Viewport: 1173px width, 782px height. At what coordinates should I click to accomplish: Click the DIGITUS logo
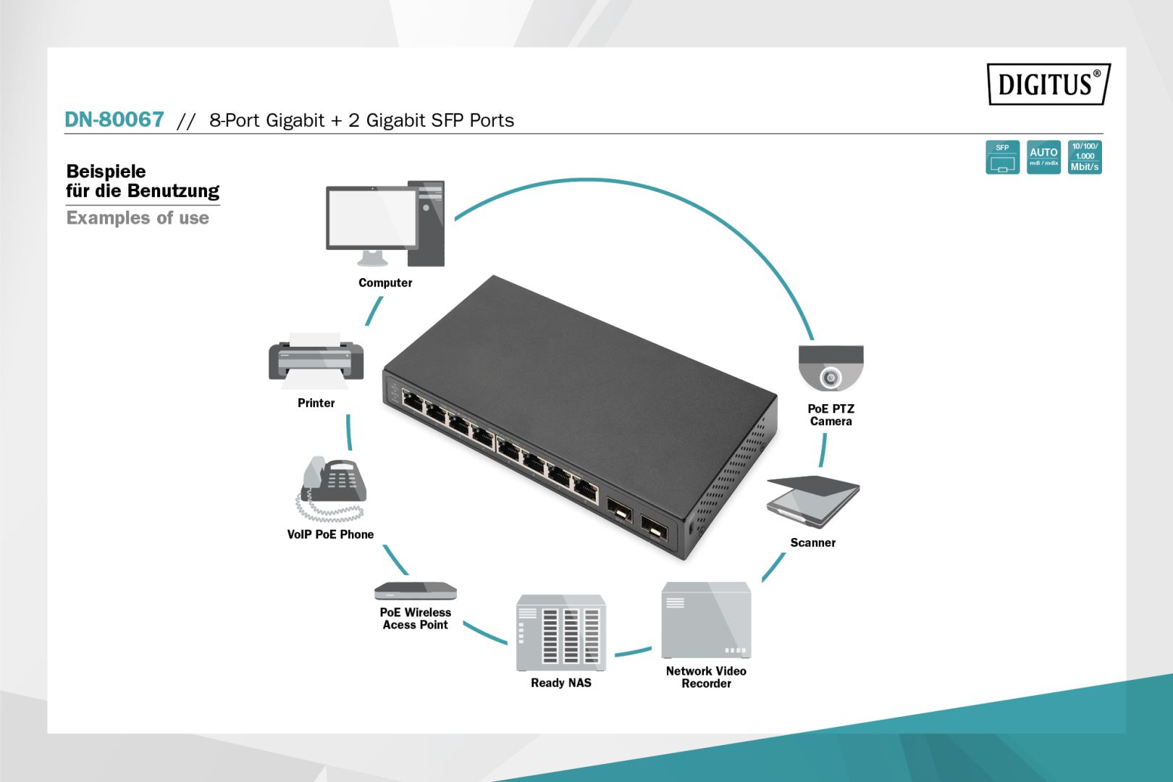click(x=1048, y=84)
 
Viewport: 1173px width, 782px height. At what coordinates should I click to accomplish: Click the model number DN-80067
click(x=114, y=119)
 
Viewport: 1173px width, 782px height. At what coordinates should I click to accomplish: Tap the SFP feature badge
click(x=1002, y=157)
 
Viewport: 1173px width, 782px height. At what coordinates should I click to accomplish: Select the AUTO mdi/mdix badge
click(x=1043, y=157)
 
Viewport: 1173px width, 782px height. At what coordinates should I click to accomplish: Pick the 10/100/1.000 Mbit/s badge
click(x=1085, y=157)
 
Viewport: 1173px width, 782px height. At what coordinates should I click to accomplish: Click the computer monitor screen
click(x=371, y=217)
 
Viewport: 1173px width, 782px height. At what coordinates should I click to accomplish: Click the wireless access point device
click(x=415, y=591)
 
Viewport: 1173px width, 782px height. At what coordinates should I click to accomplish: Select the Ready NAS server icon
click(x=560, y=633)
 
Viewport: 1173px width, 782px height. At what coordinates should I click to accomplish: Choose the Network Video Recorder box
click(x=706, y=620)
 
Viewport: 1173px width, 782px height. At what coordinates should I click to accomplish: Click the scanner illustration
click(x=812, y=501)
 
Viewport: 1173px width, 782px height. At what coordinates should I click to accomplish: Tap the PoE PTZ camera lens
click(x=831, y=377)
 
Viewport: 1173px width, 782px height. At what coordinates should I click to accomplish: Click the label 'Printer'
click(x=316, y=403)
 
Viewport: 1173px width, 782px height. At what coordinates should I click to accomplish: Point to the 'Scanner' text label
click(x=812, y=543)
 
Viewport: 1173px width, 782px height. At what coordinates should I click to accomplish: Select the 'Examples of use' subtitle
click(x=138, y=218)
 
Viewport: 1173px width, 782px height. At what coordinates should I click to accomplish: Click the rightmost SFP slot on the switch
click(x=655, y=529)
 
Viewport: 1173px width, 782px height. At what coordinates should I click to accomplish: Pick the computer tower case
click(x=426, y=223)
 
